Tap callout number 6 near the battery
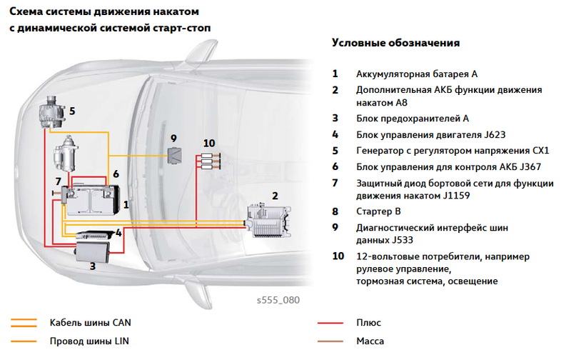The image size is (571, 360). [x=116, y=174]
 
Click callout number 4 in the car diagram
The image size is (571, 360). [x=118, y=233]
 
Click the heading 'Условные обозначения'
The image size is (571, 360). [x=395, y=43]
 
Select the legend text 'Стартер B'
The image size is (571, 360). [x=378, y=211]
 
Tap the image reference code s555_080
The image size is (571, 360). [x=278, y=300]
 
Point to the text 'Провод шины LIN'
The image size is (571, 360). [x=89, y=341]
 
